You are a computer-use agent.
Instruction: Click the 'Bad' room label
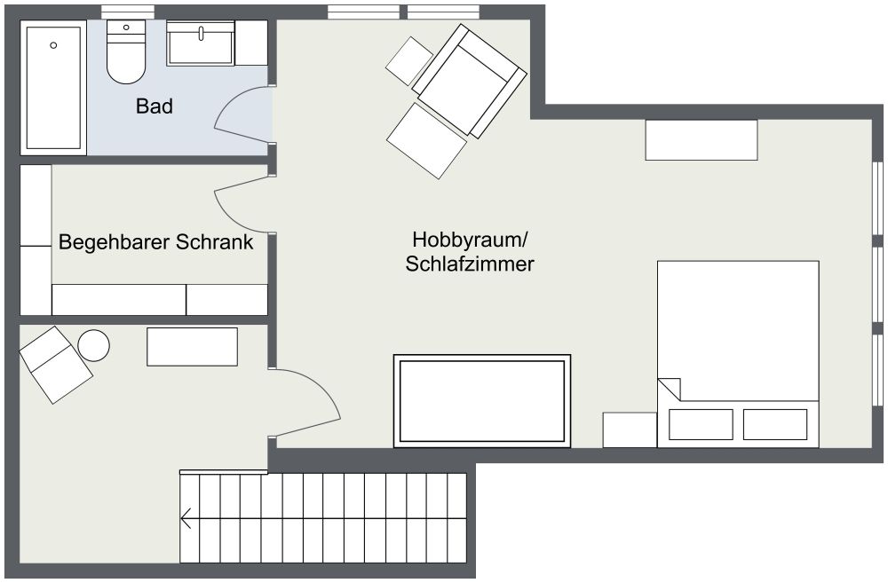pos(154,106)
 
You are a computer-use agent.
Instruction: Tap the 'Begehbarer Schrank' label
pos(155,242)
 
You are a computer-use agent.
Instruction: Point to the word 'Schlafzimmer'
pos(470,264)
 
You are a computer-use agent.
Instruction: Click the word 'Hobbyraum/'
pos(470,240)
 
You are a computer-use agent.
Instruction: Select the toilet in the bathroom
pos(126,52)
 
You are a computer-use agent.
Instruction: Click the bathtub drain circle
pos(53,45)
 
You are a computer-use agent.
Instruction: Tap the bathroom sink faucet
pos(201,33)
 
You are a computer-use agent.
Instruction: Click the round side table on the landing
pos(93,345)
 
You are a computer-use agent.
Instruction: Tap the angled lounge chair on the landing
pos(56,365)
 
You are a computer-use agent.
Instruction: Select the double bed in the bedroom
pos(738,354)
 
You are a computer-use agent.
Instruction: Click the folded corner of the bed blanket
pos(670,389)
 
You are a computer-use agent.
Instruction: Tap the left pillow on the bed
pos(701,424)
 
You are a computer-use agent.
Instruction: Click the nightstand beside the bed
pos(630,430)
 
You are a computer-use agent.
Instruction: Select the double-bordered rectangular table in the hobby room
pos(482,401)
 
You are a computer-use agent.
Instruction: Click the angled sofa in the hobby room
pos(469,81)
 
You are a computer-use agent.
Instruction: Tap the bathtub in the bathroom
pos(53,87)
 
